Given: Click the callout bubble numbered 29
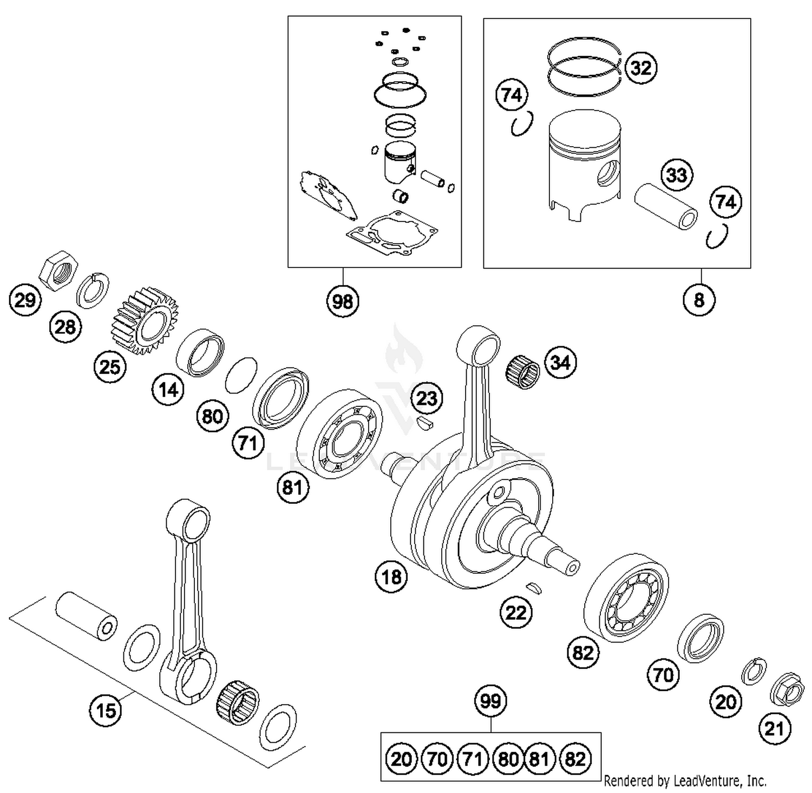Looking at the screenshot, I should click(x=25, y=299).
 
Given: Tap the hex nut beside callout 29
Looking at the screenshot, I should click(x=60, y=271).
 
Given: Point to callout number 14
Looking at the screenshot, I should click(x=168, y=389).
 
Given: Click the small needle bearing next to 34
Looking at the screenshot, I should click(x=523, y=372).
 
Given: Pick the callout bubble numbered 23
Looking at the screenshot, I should click(x=427, y=398).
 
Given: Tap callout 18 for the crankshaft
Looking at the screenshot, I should click(x=391, y=577).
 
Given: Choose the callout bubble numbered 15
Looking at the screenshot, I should click(x=106, y=709).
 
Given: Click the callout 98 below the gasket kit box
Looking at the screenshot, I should click(x=343, y=300).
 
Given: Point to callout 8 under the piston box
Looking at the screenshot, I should click(x=699, y=299).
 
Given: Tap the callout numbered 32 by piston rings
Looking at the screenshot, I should click(x=641, y=68).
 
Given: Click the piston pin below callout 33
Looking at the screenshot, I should click(x=666, y=207).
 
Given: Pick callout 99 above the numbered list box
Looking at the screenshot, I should click(x=490, y=702).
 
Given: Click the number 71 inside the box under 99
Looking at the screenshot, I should click(x=473, y=759).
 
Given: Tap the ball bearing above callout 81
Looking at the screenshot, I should click(x=340, y=434).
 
